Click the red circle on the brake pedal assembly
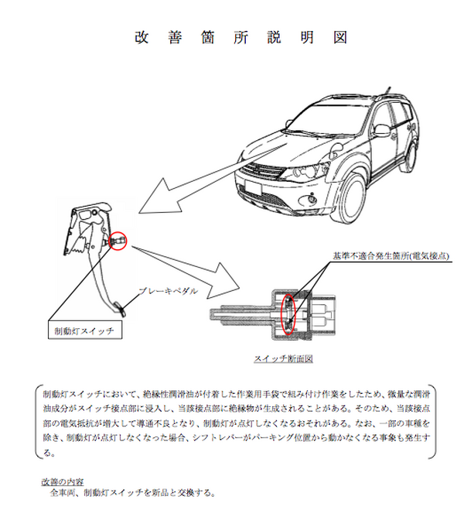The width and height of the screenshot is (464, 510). pyautogui.click(x=118, y=241)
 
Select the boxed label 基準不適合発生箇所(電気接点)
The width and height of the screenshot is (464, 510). pyautogui.click(x=391, y=255)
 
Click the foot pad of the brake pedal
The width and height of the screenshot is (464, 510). pyautogui.click(x=125, y=308)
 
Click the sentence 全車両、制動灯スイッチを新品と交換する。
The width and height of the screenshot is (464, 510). pyautogui.click(x=131, y=493)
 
